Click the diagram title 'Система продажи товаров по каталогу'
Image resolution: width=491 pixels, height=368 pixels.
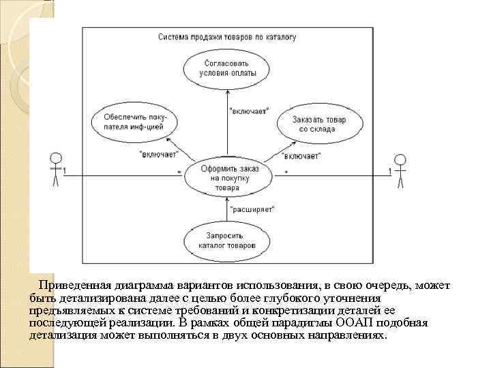[226, 38]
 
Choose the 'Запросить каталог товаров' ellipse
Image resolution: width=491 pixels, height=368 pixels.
[222, 240]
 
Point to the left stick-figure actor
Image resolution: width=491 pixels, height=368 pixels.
[55, 169]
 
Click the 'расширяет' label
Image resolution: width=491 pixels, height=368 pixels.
[252, 209]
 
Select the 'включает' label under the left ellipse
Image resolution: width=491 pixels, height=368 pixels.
[158, 153]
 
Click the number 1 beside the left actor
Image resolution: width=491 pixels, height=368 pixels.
[65, 171]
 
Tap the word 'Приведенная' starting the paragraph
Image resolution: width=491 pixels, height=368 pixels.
[72, 285]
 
